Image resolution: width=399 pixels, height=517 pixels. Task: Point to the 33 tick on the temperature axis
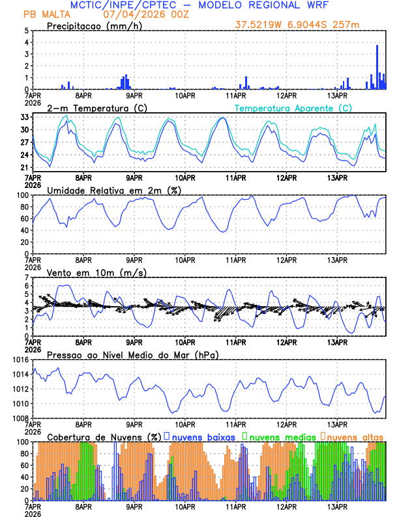pos(25,117)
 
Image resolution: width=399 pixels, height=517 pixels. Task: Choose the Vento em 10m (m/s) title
pos(96,272)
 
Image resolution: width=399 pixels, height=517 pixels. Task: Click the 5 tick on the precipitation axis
pos(27,31)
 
